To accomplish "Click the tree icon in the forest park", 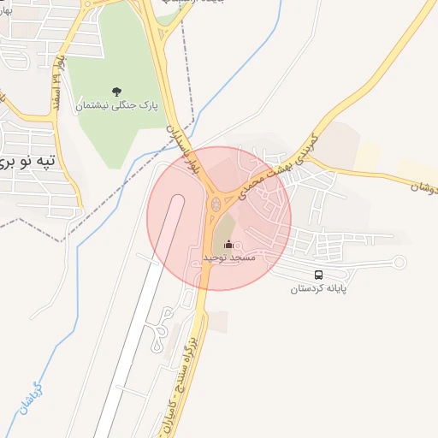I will click(x=116, y=91).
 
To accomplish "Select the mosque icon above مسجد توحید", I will click(x=228, y=246).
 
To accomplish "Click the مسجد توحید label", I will click(x=230, y=257).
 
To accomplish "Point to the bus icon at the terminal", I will click(x=319, y=275).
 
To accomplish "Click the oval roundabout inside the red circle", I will click(x=216, y=204).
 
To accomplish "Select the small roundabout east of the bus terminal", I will click(x=398, y=263).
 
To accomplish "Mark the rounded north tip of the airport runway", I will click(x=177, y=199).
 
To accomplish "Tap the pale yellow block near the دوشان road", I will click(x=367, y=155).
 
